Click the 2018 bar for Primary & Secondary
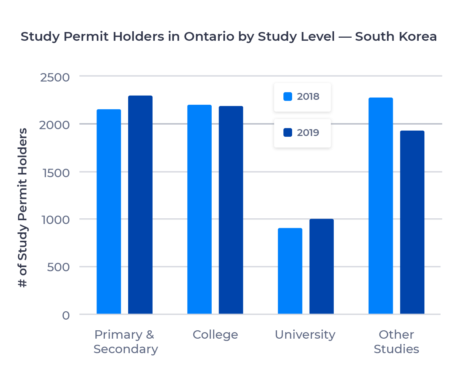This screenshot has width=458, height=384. click(109, 211)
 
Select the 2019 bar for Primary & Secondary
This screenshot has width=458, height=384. click(140, 205)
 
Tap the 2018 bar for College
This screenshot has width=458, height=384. click(199, 209)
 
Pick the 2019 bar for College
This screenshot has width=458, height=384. click(231, 210)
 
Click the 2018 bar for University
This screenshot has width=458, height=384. click(290, 271)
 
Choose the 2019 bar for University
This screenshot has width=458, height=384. click(321, 266)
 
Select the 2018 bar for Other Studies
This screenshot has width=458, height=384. click(381, 206)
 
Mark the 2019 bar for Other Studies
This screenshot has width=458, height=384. click(412, 222)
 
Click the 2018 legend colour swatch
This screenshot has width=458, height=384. click(288, 97)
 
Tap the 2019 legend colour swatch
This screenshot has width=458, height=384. click(288, 133)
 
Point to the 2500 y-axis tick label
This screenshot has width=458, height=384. click(55, 77)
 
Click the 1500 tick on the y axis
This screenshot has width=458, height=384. click(55, 173)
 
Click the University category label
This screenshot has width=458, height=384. click(305, 335)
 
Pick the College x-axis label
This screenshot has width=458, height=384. click(215, 335)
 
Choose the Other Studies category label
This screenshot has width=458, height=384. click(396, 342)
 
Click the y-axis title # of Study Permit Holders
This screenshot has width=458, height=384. click(23, 208)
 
